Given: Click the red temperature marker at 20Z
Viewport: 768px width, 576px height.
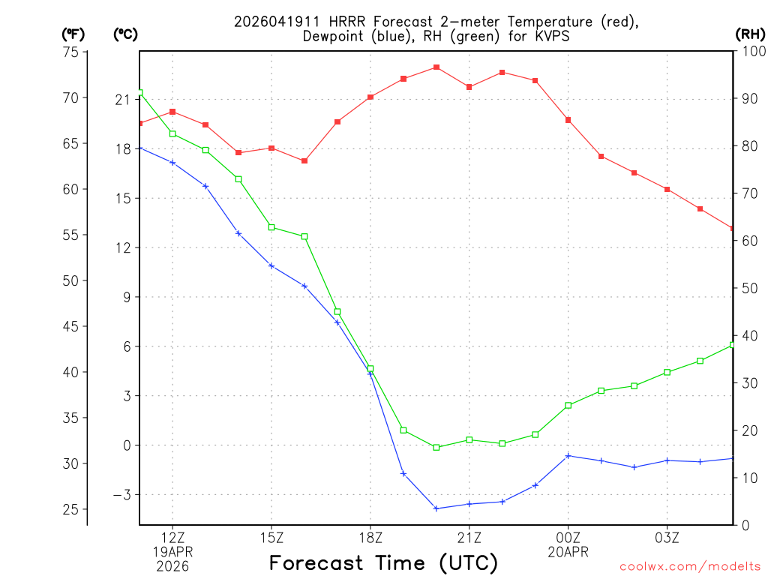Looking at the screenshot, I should pyautogui.click(x=436, y=67).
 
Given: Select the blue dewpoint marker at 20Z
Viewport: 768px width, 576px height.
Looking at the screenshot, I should pyautogui.click(x=436, y=508).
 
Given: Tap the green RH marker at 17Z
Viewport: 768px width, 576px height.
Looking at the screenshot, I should pyautogui.click(x=337, y=312).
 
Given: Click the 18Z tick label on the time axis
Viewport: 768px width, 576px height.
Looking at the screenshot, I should pyautogui.click(x=370, y=537).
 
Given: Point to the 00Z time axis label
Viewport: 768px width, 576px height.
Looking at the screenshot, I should pyautogui.click(x=568, y=537).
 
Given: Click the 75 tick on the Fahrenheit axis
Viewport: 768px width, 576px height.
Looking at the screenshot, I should pyautogui.click(x=71, y=52).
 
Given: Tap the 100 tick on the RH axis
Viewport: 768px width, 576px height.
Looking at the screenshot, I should pyautogui.click(x=751, y=52).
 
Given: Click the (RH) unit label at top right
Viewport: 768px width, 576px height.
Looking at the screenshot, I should pyautogui.click(x=750, y=34).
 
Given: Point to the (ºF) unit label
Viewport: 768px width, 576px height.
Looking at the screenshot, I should pyautogui.click(x=73, y=34).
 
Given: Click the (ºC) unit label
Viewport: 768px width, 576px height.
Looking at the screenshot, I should pyautogui.click(x=125, y=34).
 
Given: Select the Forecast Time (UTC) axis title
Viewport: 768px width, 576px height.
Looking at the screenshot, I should pyautogui.click(x=383, y=562).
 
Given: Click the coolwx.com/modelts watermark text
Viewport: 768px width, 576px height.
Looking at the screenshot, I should pyautogui.click(x=690, y=566).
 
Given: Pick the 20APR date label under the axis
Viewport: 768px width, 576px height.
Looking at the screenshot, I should pyautogui.click(x=568, y=552).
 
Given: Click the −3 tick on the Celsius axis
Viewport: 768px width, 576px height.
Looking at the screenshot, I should pyautogui.click(x=121, y=495).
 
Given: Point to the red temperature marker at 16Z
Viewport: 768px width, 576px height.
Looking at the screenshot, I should pyautogui.click(x=304, y=161).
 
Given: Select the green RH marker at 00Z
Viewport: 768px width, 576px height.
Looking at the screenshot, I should pyautogui.click(x=568, y=406).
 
